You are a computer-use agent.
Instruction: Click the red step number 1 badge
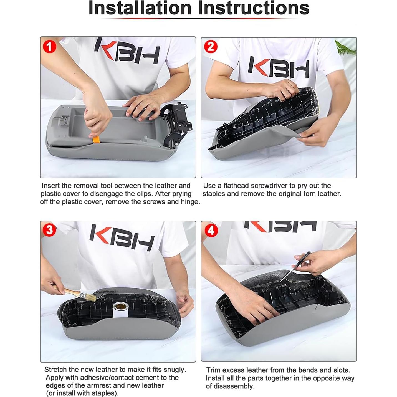[x=49, y=47]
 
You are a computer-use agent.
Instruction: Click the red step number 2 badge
[x=211, y=47]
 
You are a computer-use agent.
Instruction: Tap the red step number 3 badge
[x=49, y=230]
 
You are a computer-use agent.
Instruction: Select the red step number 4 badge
[x=211, y=231]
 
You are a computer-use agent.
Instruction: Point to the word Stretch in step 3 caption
[x=55, y=370]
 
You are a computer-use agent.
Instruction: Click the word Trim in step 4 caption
[x=213, y=370]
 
